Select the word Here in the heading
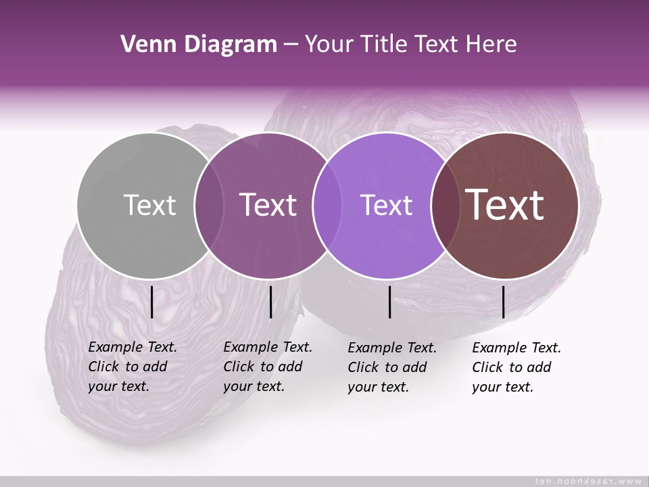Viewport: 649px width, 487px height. [491, 45]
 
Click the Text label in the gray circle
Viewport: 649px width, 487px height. [149, 205]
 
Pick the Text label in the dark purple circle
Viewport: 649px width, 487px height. [268, 205]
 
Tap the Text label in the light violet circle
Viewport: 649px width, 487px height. [387, 205]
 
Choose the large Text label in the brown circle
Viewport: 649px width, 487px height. [505, 205]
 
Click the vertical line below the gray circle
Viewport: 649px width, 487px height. [152, 302]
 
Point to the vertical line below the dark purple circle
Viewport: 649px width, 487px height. [270, 302]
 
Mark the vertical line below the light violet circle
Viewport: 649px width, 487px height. [390, 302]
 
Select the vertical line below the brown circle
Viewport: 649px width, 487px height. [503, 302]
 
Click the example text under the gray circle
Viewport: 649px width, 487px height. [132, 367]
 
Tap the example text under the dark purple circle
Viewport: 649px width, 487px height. [267, 367]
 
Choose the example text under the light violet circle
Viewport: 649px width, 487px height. [391, 367]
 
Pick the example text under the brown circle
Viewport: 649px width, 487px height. [516, 367]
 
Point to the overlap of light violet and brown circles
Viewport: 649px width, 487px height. [442, 205]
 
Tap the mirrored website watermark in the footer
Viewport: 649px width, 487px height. [588, 481]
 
